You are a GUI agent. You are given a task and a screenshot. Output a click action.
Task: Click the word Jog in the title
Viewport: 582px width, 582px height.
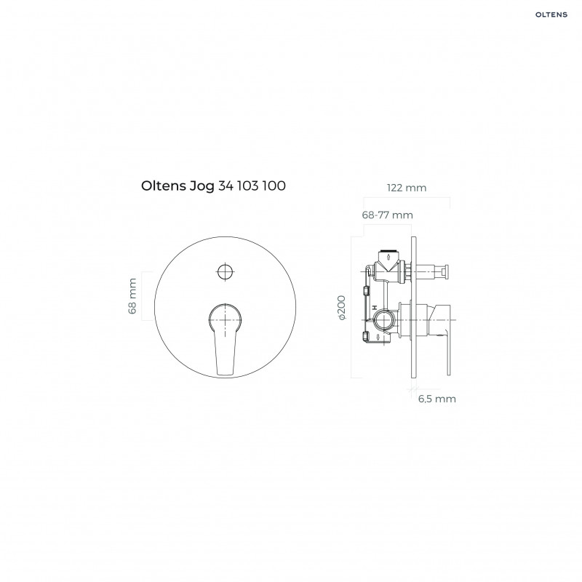coord(202,186)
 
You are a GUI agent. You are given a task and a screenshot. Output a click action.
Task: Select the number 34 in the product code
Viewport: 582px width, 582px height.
coord(226,186)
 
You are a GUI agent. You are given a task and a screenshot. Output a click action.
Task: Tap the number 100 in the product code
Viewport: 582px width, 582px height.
coord(273,186)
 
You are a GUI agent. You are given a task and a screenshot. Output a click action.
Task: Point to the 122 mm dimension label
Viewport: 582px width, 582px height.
coord(406,188)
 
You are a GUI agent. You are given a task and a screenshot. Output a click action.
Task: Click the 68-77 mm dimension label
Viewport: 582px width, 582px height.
coord(387,215)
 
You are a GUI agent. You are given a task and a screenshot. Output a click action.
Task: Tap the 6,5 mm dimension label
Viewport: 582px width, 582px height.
coord(436,398)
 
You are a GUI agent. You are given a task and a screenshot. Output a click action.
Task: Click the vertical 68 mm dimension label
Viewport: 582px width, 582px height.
coord(132,296)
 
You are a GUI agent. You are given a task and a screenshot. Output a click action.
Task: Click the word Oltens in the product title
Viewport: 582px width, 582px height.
coord(164,186)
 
